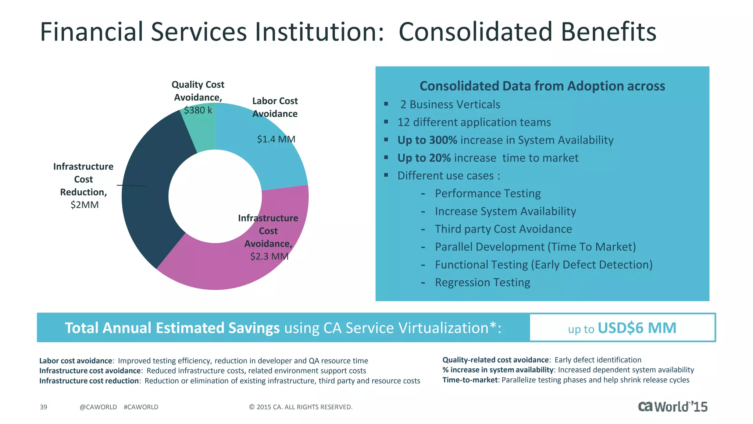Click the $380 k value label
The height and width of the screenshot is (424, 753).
point(198,110)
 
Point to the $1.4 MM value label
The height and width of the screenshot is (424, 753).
point(276,139)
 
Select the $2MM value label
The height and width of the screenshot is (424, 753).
point(85,205)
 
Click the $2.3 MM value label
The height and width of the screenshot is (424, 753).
point(269,256)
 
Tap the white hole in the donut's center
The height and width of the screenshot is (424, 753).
point(215,196)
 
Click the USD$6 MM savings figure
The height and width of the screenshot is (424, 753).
point(637,328)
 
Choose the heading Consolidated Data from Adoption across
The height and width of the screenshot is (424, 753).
point(542,86)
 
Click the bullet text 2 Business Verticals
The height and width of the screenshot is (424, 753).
point(450,105)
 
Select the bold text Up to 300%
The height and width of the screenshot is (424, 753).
point(427,140)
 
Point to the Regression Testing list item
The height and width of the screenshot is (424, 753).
point(482,282)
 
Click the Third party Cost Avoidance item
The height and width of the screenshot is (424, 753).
point(503,229)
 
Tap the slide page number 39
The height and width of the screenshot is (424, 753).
point(43,407)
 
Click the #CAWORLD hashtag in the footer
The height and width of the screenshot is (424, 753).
point(141,407)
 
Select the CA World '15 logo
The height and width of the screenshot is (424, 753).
point(672,406)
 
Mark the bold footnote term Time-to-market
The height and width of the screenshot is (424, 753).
point(470,380)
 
